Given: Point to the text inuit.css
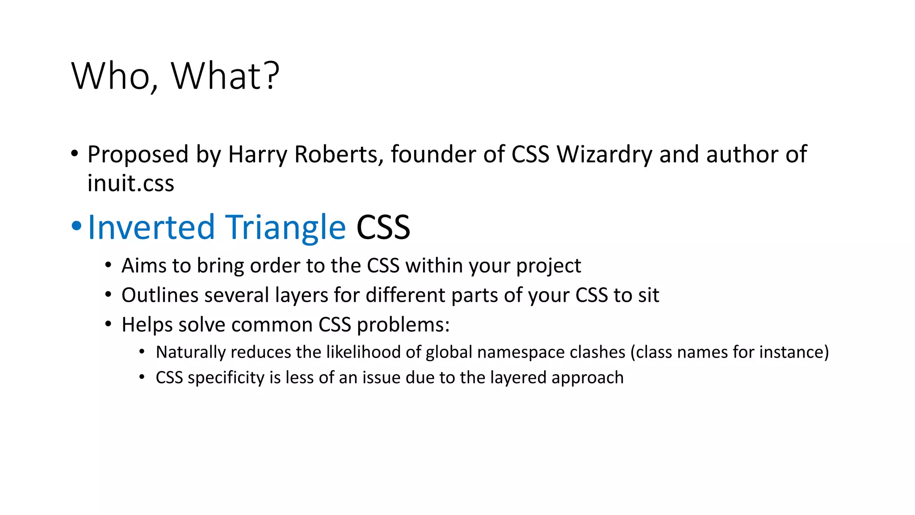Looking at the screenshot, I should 130,183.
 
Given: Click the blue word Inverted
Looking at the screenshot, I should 152,227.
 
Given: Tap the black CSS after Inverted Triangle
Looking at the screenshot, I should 383,227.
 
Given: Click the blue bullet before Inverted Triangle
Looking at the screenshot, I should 76,226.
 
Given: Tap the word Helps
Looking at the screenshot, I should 147,325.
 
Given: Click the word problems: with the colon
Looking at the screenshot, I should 403,325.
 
